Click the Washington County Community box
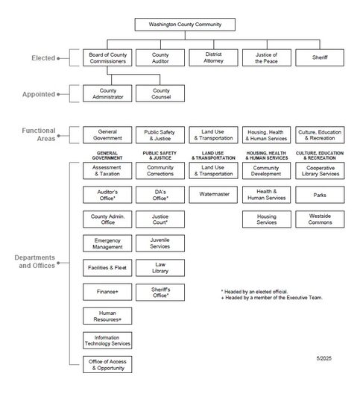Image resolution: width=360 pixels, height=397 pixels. point(185,25)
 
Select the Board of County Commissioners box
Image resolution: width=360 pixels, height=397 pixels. point(107,57)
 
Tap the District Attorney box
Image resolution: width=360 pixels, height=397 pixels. point(214,57)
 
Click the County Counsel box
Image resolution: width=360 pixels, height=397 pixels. point(160,93)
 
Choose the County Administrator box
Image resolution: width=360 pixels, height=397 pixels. point(107,93)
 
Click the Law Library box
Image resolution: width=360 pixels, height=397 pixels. point(160,269)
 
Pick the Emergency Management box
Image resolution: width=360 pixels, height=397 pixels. point(107,244)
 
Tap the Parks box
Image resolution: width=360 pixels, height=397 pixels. point(320,196)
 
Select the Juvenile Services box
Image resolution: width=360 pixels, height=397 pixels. point(160,244)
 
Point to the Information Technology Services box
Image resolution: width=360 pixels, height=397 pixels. point(107,340)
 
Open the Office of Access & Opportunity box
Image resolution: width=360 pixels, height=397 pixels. point(107,365)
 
